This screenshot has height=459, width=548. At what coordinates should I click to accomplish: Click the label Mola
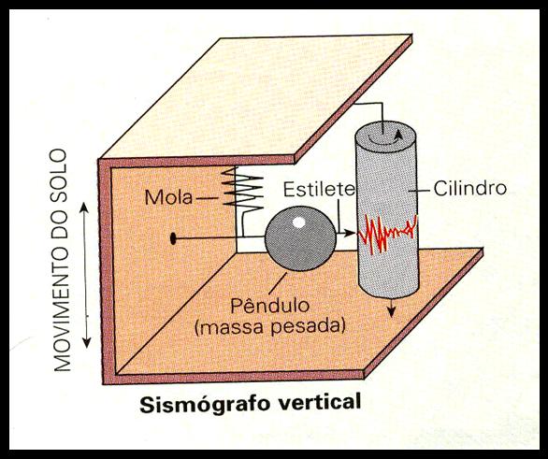pyautogui.click(x=168, y=197)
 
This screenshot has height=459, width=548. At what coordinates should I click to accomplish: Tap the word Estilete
pyautogui.click(x=319, y=189)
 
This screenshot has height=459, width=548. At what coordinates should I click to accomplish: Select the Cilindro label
pyautogui.click(x=470, y=188)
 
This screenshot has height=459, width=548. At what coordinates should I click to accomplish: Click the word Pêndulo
pyautogui.click(x=270, y=306)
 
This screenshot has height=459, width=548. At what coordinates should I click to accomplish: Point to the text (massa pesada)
pyautogui.click(x=270, y=326)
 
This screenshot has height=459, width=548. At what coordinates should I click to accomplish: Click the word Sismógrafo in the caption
pyautogui.click(x=205, y=404)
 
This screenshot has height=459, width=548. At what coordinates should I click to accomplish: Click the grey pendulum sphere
pyautogui.click(x=300, y=238)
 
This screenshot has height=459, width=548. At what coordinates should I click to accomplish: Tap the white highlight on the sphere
pyautogui.click(x=299, y=222)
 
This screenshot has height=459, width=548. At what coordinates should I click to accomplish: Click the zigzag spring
pyautogui.click(x=242, y=191)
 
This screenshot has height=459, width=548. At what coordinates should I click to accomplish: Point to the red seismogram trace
pyautogui.click(x=387, y=233)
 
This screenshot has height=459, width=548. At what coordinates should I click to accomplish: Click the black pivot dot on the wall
pyautogui.click(x=172, y=238)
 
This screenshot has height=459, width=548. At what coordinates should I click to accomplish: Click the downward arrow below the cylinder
pyautogui.click(x=392, y=308)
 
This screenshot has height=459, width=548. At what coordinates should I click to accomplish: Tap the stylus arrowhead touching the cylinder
pyautogui.click(x=351, y=232)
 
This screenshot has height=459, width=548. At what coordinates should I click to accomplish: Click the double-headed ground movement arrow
pyautogui.click(x=85, y=275)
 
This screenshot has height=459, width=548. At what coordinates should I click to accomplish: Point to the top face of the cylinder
pyautogui.click(x=385, y=136)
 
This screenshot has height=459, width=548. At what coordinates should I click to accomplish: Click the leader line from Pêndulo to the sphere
pyautogui.click(x=277, y=283)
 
